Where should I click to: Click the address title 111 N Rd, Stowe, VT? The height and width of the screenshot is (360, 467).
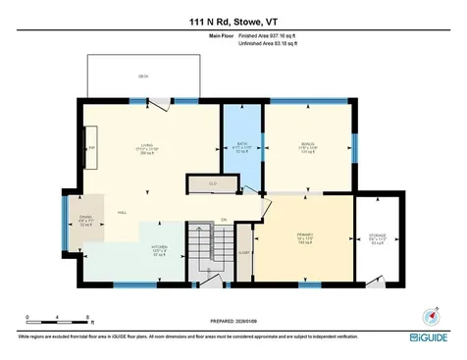pyautogui.click(x=233, y=21)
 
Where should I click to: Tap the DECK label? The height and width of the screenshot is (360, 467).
pyautogui.click(x=142, y=76)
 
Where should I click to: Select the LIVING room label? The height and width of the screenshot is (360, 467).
pyautogui.click(x=148, y=148)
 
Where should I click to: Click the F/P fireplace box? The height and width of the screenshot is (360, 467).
pyautogui.click(x=92, y=149)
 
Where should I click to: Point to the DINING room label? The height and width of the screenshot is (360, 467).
pyautogui.click(x=85, y=221)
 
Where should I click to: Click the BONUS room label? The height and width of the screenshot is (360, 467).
pyautogui.click(x=307, y=147)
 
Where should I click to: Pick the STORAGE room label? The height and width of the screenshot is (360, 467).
pyautogui.click(x=377, y=237)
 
